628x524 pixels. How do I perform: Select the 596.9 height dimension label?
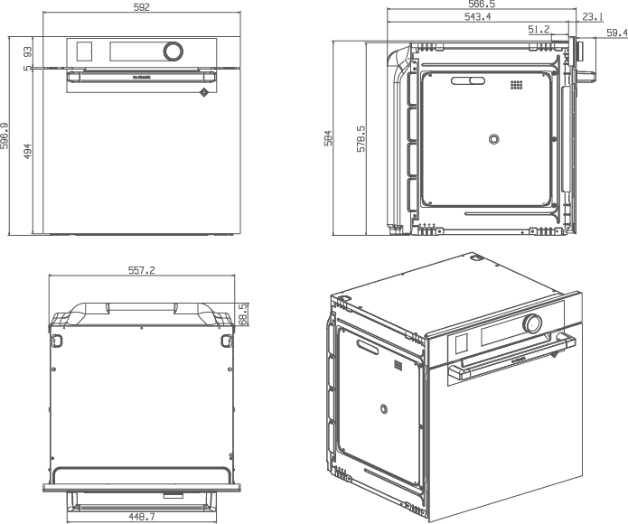coord(6,136)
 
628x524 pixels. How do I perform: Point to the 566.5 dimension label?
coord(479,5)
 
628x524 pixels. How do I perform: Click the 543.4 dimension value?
coord(478,17)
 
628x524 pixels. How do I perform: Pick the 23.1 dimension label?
coord(594,17)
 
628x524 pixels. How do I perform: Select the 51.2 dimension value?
coord(540,30)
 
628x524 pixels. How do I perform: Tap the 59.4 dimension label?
coord(616,33)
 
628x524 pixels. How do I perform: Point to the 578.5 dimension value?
coord(361,137)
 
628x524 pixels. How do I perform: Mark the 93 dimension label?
coord(28,50)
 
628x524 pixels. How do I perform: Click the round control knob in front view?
coord(172,50)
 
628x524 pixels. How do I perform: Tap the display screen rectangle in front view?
coord(86,51)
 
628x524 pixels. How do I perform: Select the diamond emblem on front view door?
coord(204,91)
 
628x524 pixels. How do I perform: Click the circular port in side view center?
coord(493,138)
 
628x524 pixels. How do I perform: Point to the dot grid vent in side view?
coord(517,85)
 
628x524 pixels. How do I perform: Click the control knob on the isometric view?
coord(532,323)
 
